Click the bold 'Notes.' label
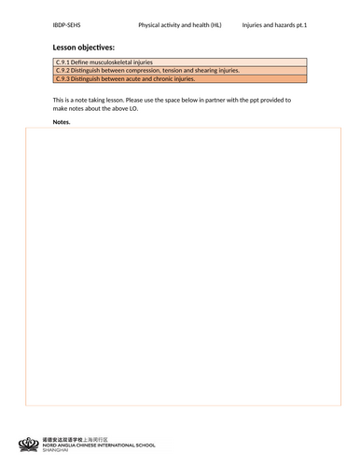[x=62, y=122]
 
